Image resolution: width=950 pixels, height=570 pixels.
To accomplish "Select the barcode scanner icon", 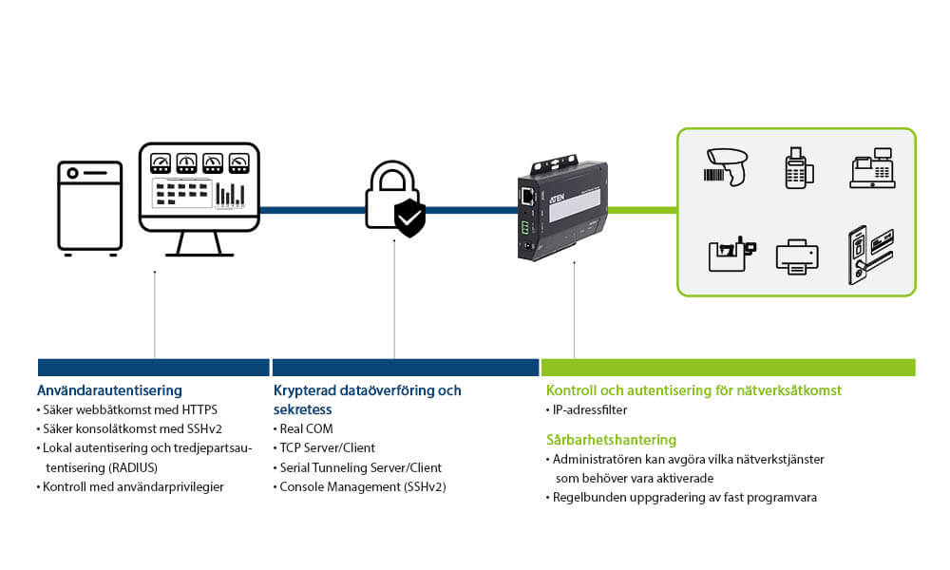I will pos(727,167).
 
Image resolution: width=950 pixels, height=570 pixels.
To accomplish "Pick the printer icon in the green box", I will pos(796,256).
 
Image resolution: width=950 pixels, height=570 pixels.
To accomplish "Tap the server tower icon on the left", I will pos(90,207).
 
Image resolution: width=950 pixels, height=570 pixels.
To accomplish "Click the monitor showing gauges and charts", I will pos(199,187).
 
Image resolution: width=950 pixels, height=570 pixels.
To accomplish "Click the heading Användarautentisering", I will pos(109,390).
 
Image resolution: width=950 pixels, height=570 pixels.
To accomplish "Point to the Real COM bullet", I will pos(306,428).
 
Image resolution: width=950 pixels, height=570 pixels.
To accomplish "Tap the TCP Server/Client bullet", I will pos(327,447).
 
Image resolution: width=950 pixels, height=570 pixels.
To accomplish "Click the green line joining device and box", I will pos(642,209).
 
